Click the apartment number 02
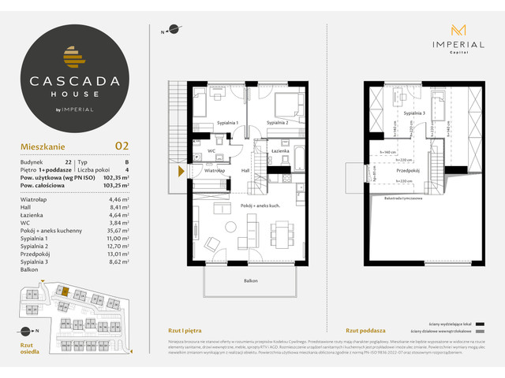[x=122, y=145]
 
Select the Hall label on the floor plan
[x=245, y=169]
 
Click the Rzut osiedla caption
[x=28, y=350]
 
